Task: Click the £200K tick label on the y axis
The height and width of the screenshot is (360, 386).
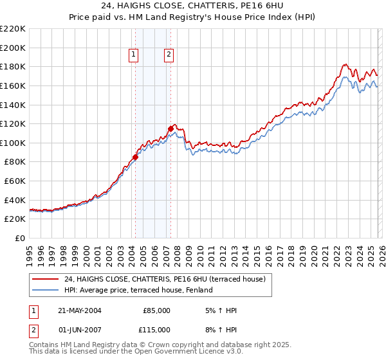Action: pos(13,48)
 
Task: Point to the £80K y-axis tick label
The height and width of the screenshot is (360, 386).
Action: pos(15,162)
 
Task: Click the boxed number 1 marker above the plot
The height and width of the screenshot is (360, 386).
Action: pos(134,55)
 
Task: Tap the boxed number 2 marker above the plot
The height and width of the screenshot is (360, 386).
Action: pos(169,55)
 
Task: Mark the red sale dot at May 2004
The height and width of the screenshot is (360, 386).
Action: pos(136,157)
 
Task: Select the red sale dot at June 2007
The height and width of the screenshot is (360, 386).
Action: pos(170,129)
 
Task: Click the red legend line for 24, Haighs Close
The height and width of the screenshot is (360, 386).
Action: pos(46,279)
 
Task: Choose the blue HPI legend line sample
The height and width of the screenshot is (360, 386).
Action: pos(46,290)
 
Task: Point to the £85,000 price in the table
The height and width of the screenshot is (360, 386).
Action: pos(156,310)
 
